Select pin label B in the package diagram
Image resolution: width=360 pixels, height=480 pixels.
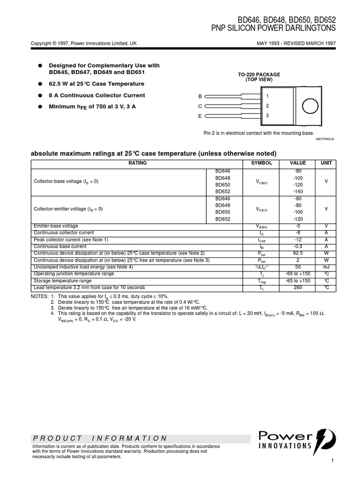200,97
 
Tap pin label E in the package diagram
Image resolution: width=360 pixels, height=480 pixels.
200,116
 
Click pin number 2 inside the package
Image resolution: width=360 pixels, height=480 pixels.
267,106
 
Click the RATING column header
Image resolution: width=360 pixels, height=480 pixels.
137,163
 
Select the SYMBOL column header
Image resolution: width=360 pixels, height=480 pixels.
261,163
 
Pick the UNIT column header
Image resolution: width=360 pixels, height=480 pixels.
325,163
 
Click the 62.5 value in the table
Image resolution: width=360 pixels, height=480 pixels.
298,253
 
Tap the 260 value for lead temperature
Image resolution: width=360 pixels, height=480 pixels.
298,287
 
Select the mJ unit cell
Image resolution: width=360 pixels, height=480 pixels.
325,267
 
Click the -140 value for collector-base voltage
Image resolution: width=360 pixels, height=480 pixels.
298,192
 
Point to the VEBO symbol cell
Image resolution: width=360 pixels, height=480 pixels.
261,226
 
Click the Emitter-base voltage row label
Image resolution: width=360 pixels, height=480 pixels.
56,226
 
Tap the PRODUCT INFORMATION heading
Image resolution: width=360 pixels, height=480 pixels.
100,438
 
